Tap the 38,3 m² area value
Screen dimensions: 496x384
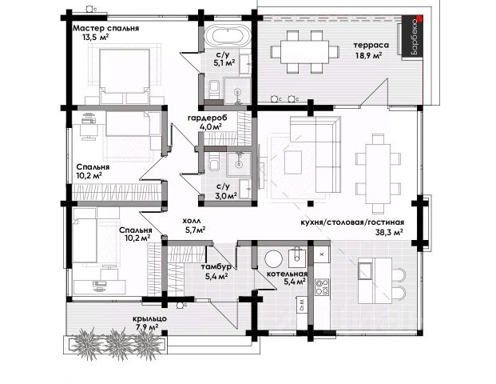click(389, 233)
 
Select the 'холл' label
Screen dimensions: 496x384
click(193, 219)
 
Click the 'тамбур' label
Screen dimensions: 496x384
click(217, 266)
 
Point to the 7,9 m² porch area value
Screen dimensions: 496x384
click(149, 327)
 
